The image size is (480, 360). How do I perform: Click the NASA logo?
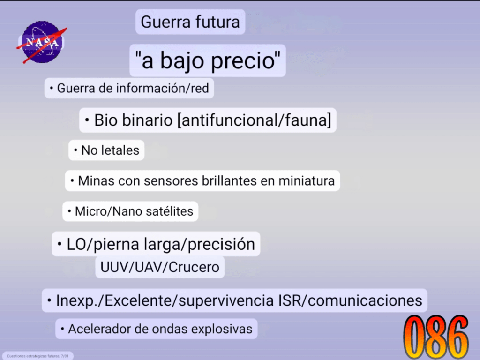coord(42,42)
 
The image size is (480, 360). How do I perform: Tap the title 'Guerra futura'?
coord(190,22)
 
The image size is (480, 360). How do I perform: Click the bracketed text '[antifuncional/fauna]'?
coord(255,120)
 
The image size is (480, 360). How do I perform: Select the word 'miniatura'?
coord(307,180)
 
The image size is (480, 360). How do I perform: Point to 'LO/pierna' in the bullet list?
coord(103,245)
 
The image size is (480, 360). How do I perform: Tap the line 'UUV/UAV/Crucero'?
coord(160,267)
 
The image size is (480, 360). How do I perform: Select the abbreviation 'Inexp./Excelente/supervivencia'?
coord(165,300)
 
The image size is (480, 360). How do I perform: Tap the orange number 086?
coord(435,337)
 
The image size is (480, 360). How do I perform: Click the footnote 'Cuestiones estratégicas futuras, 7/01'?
coord(37,356)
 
